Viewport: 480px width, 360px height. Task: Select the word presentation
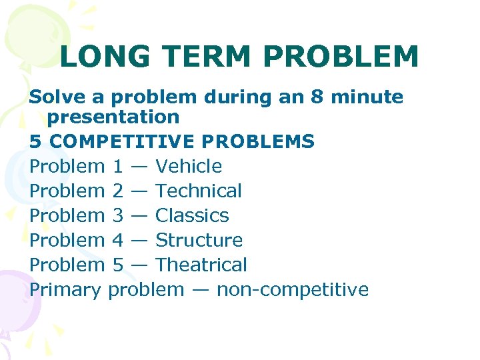[114, 117]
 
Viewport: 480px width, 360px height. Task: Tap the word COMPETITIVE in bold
[121, 142]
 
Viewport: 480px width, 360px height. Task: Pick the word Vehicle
[189, 166]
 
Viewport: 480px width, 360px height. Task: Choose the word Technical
[198, 191]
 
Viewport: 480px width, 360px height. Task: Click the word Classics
[192, 215]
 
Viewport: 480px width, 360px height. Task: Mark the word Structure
[199, 240]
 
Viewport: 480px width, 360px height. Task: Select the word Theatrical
[201, 265]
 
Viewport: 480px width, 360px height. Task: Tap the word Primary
[65, 290]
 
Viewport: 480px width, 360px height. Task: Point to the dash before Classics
[139, 216]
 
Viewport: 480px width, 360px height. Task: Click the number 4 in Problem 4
[117, 240]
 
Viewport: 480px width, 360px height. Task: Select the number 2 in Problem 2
[117, 191]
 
